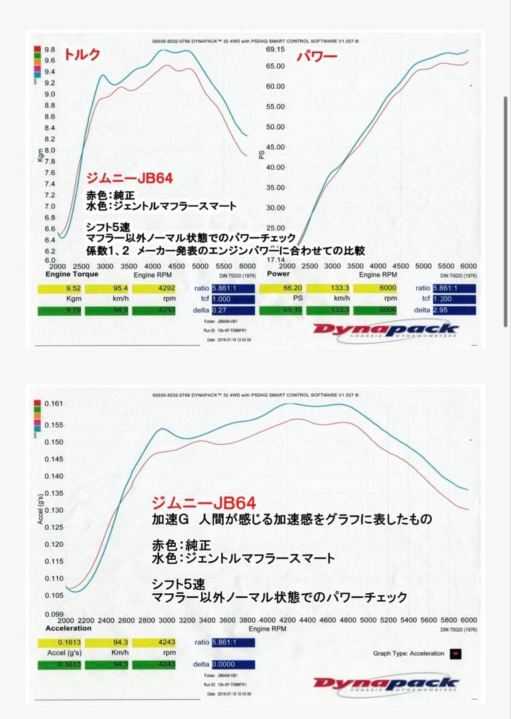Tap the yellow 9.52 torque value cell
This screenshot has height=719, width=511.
[64, 288]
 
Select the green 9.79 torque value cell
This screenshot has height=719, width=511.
[64, 310]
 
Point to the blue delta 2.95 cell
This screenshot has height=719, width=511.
[454, 310]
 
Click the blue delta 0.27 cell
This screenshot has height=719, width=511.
[233, 310]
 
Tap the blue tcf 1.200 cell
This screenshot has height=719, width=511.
[454, 299]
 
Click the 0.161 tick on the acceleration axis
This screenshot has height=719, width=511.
[53, 403]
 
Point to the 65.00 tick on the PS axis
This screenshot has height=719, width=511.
[275, 66]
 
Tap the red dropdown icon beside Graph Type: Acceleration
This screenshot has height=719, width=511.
[455, 653]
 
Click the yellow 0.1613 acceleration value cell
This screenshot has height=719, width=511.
[64, 642]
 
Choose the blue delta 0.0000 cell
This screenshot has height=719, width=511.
[233, 664]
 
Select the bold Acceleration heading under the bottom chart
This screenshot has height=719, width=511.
[68, 628]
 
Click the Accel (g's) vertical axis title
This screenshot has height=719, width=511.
[40, 509]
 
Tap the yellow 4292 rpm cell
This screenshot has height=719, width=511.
[154, 288]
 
